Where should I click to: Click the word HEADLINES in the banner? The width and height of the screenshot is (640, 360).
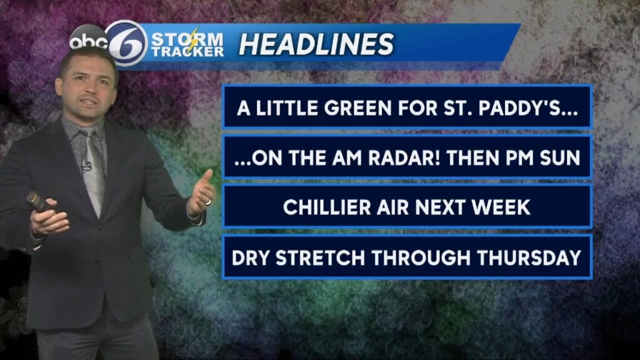coord(316,44)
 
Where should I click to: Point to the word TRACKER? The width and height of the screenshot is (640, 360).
coord(187,52)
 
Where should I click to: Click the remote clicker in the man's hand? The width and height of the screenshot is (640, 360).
coord(39,201)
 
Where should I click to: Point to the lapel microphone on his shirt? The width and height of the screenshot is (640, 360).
coord(87,166)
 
